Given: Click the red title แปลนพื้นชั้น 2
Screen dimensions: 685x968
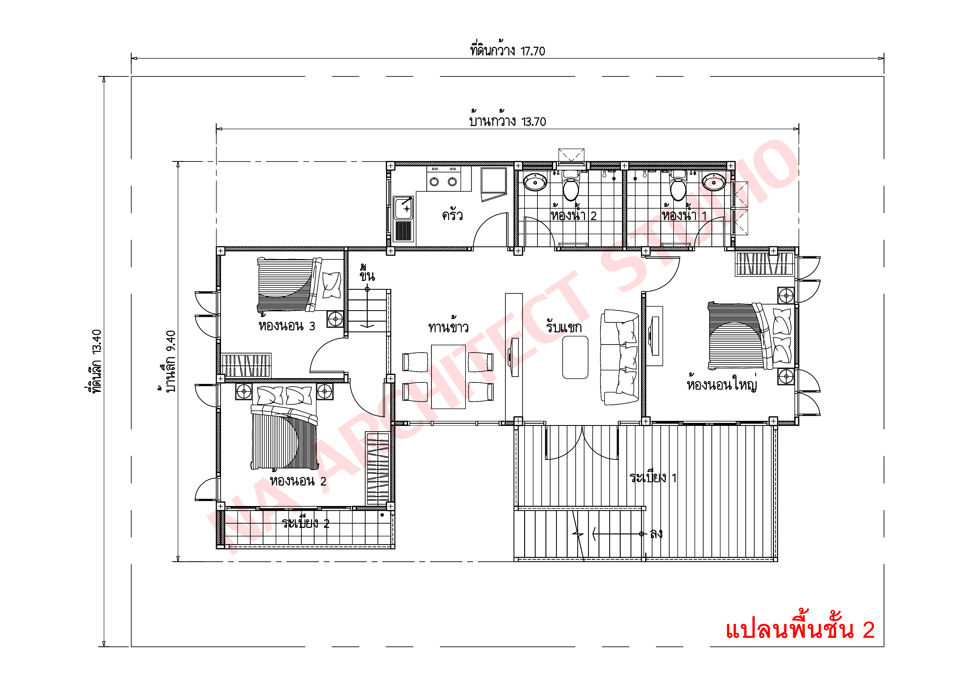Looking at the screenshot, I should (799, 630).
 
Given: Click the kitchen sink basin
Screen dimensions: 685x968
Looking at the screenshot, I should (403, 209).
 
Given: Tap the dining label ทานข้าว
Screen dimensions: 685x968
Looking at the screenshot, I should (448, 327).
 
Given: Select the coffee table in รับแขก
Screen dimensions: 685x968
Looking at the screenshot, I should (575, 357).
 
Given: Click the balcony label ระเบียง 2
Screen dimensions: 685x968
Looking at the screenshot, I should (305, 524).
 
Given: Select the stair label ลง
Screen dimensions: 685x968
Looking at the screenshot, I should (656, 534).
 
